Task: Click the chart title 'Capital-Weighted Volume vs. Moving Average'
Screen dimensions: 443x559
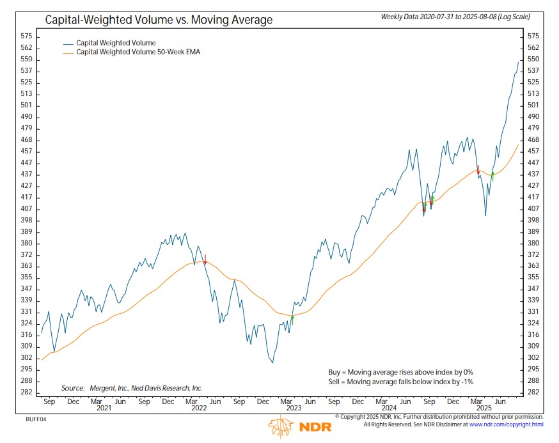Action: (x=158, y=20)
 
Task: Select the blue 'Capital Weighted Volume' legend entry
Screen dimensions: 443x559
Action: (x=116, y=43)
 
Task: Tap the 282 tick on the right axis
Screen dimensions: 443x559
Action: (x=533, y=392)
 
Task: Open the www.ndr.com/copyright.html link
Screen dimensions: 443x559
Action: (x=506, y=424)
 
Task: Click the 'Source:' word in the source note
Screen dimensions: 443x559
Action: (x=73, y=388)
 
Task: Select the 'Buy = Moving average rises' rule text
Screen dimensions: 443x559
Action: (x=400, y=371)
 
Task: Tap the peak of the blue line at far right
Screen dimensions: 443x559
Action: (x=518, y=61)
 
